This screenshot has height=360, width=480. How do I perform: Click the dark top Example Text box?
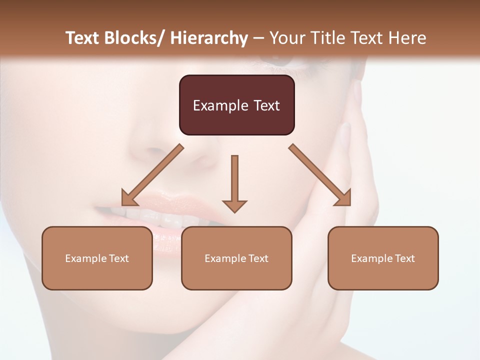coord(236,105)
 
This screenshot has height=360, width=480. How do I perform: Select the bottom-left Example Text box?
coord(97,258)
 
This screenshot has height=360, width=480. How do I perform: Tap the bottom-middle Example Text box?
coord(236,258)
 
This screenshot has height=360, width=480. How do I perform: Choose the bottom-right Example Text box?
coord(383,258)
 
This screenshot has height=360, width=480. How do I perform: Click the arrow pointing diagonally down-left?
coord(152,175)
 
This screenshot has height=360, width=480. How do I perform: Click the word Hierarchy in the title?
coord(209,38)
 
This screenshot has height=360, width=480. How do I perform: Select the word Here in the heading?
coord(407,38)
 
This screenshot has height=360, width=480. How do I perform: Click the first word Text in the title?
coord(83,38)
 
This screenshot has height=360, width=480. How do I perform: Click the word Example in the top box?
coord(220,105)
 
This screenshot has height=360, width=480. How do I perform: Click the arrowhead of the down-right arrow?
coord(344,199)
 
